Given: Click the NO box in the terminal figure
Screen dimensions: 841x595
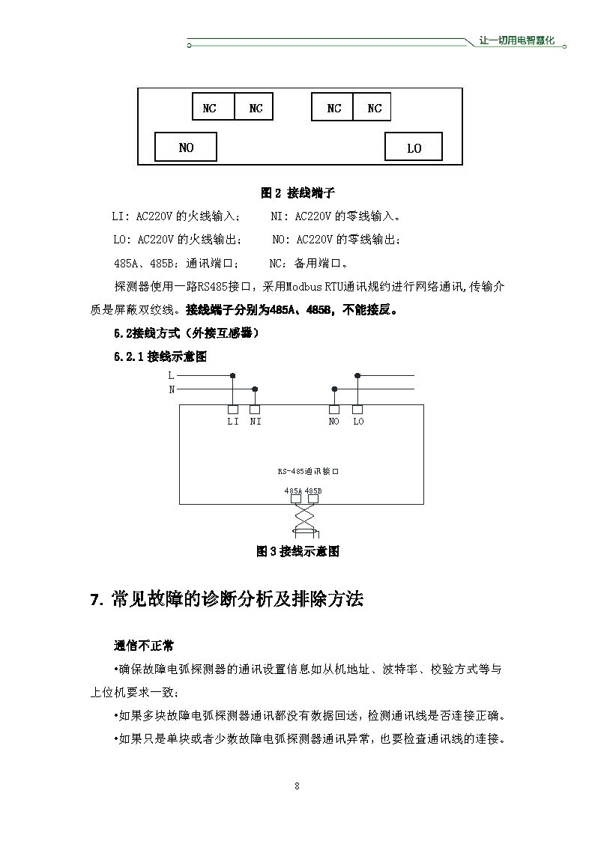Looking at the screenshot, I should (x=186, y=148).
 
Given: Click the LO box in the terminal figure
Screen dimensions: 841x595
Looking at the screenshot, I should (x=414, y=148).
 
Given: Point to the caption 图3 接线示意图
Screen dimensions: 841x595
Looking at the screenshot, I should (x=297, y=551).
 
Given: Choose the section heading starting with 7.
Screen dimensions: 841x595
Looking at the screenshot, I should (x=226, y=599).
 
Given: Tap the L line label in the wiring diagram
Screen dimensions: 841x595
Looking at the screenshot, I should (x=171, y=374).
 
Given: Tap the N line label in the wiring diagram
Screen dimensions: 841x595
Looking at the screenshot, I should (x=171, y=389).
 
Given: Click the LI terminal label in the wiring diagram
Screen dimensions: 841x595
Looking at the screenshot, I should (x=233, y=422).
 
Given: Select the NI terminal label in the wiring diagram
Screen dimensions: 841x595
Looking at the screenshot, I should (x=256, y=422).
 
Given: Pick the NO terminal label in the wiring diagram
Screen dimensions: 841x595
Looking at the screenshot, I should (x=334, y=422).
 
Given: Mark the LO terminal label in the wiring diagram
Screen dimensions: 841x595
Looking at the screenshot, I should (x=358, y=422).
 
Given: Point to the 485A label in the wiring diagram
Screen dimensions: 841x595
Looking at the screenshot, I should (x=293, y=491).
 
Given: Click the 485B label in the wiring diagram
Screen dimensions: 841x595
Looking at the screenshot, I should (x=313, y=491).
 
